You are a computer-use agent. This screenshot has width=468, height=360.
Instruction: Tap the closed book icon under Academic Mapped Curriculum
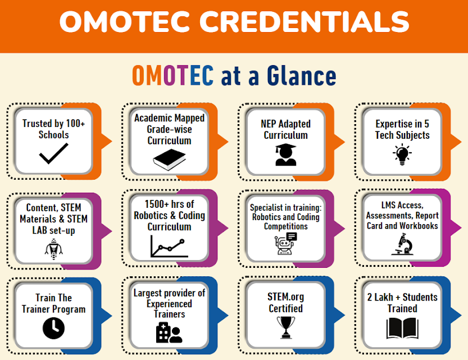pyautogui.click(x=169, y=160)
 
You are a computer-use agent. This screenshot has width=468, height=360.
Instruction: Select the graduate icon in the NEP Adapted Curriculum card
pyautogui.click(x=285, y=154)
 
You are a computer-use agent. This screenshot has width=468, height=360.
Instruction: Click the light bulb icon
pyautogui.click(x=402, y=154)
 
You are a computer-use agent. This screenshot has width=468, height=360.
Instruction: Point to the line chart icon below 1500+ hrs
pyautogui.click(x=169, y=247)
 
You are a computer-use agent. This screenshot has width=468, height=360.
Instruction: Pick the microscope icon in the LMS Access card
pyautogui.click(x=403, y=244)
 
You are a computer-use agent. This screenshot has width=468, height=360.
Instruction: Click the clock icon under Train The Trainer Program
pyautogui.click(x=53, y=328)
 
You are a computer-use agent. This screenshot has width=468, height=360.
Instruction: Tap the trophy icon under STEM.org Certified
pyautogui.click(x=285, y=327)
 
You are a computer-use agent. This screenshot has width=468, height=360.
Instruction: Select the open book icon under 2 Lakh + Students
pyautogui.click(x=402, y=329)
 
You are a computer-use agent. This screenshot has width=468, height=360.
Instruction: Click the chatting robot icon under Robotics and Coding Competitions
pyautogui.click(x=285, y=243)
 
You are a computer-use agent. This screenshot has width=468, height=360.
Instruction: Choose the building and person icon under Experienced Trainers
pyautogui.click(x=169, y=332)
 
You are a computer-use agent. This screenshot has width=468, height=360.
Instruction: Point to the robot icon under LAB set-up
pyautogui.click(x=54, y=249)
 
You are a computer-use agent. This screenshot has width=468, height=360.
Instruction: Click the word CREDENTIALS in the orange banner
pyautogui.click(x=304, y=21)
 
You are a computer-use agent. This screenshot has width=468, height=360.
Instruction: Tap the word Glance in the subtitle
pyautogui.click(x=302, y=76)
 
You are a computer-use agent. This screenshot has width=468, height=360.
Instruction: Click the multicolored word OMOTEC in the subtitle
pyautogui.click(x=173, y=76)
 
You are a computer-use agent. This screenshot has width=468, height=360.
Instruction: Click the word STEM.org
pyautogui.click(x=285, y=297)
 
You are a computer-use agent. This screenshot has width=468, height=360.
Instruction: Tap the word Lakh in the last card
pyautogui.click(x=384, y=297)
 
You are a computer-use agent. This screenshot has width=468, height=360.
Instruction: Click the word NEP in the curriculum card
pyautogui.click(x=268, y=124)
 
